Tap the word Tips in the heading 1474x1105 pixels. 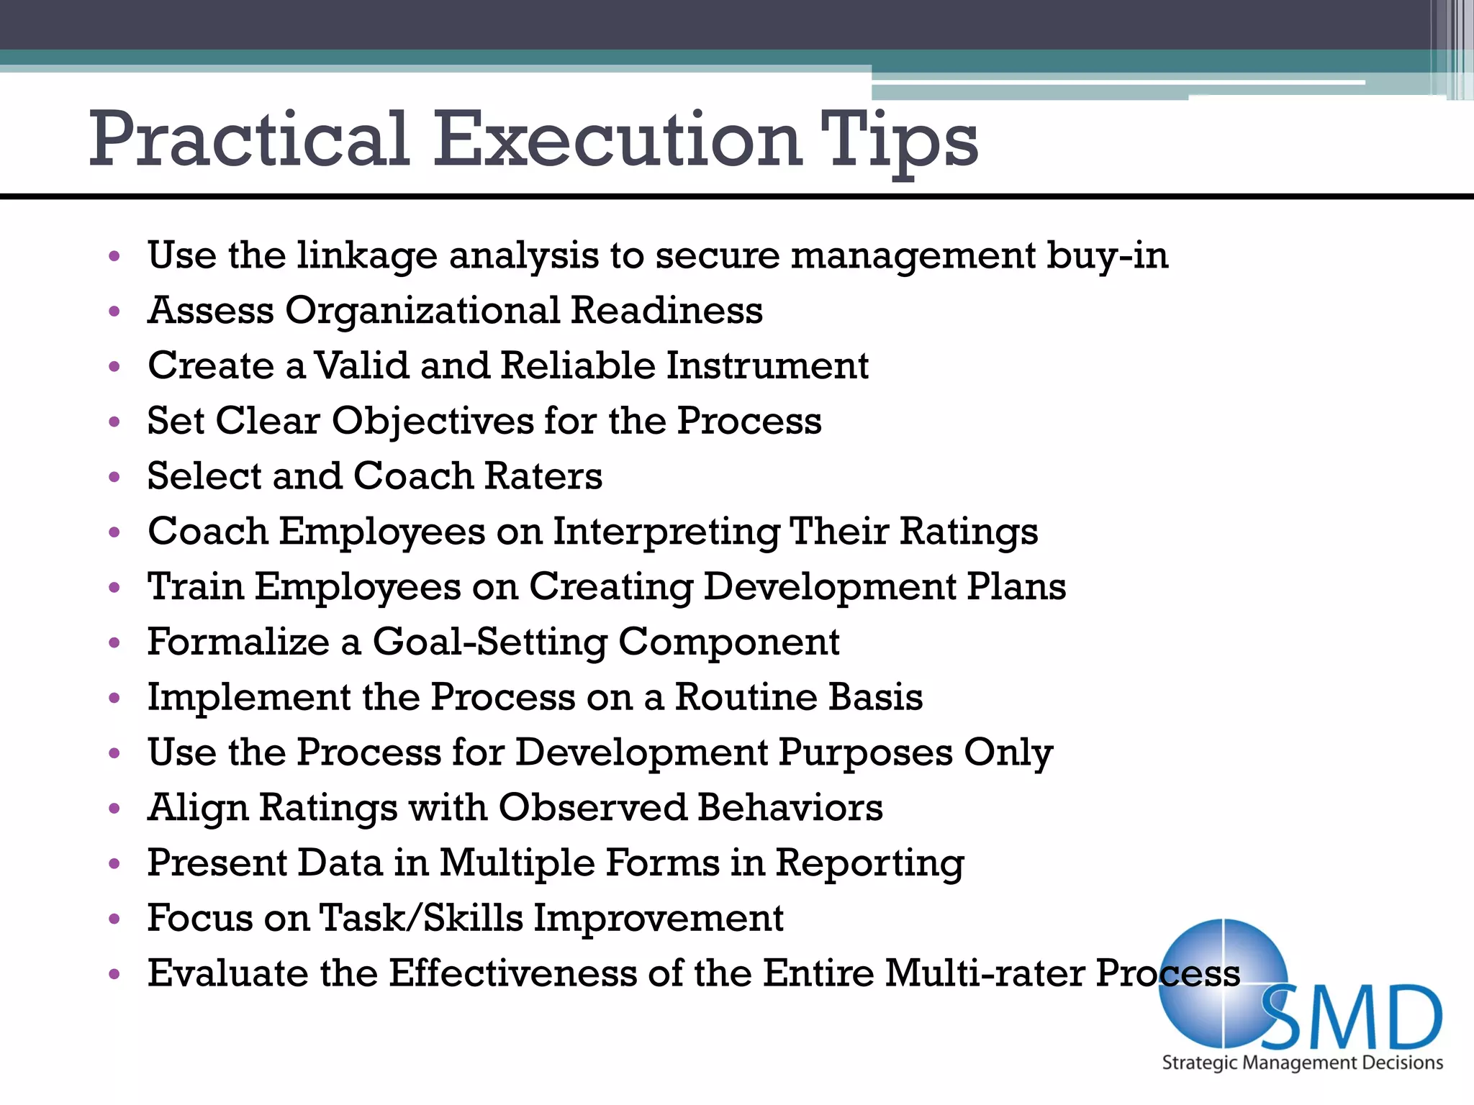(x=899, y=140)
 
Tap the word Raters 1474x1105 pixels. (x=543, y=476)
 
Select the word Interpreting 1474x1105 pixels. (x=666, y=533)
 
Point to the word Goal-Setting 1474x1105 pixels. (x=489, y=642)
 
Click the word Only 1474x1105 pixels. (x=1008, y=753)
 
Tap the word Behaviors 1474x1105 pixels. (x=790, y=807)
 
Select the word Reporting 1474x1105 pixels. (x=869, y=864)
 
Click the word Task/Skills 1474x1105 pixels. (x=421, y=918)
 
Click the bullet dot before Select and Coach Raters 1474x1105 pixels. (x=114, y=477)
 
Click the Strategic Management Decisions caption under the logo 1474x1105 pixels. (x=1302, y=1063)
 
